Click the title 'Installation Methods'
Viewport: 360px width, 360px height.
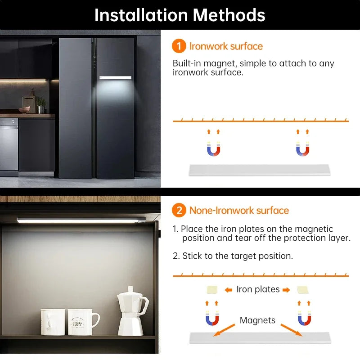180,15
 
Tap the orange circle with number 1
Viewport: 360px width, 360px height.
179,46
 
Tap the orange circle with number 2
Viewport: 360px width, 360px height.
179,210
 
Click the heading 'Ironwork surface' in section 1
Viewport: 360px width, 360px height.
226,46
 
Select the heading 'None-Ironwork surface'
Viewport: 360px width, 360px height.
239,210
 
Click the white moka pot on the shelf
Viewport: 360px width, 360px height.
131,311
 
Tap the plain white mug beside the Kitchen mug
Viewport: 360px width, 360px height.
53,321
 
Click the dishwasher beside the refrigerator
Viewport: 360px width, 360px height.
9,146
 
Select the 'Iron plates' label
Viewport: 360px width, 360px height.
258,289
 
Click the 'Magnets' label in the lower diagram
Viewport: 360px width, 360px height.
257,320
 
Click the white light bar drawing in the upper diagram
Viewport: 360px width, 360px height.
259,170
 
